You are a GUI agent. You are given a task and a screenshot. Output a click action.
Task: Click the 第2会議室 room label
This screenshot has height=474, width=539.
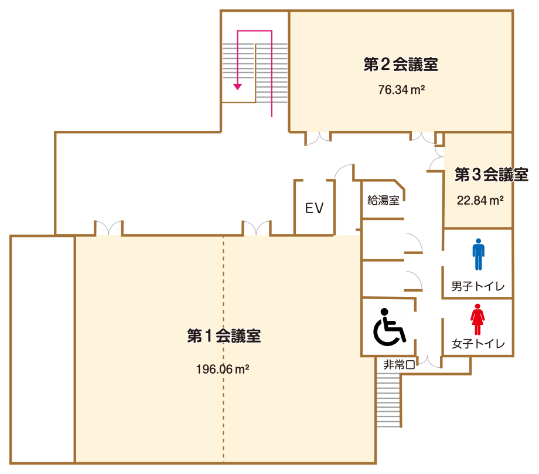[401, 65]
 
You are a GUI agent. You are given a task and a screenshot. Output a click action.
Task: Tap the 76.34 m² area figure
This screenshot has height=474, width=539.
[401, 90]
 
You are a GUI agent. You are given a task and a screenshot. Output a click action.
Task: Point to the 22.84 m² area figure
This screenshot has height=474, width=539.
[480, 200]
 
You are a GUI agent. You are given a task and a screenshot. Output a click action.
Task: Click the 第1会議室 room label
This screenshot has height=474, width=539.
[224, 336]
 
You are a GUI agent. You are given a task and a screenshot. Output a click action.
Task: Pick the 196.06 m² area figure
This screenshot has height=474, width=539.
[223, 369]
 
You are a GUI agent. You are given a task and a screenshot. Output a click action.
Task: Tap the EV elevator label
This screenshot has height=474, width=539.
[314, 208]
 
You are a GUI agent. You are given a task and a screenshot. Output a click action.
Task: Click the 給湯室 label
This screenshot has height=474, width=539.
[383, 200]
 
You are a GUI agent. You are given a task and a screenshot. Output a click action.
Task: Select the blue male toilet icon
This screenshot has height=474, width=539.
[478, 254]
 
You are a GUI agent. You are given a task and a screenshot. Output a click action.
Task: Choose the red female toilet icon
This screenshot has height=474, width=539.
[477, 319]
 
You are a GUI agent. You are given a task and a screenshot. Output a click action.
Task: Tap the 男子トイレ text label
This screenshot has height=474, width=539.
[477, 287]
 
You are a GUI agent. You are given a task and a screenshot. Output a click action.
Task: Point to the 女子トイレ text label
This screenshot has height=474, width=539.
[477, 344]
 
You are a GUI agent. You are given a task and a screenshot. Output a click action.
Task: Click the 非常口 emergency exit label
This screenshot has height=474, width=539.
[399, 364]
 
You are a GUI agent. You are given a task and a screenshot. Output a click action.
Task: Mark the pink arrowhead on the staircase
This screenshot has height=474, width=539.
[237, 86]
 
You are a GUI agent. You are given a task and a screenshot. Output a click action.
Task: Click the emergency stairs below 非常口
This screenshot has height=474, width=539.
[388, 401]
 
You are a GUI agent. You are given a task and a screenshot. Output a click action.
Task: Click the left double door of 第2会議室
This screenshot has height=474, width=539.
[318, 138]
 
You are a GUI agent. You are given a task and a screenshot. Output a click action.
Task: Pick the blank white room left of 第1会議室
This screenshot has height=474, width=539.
[42, 348]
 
